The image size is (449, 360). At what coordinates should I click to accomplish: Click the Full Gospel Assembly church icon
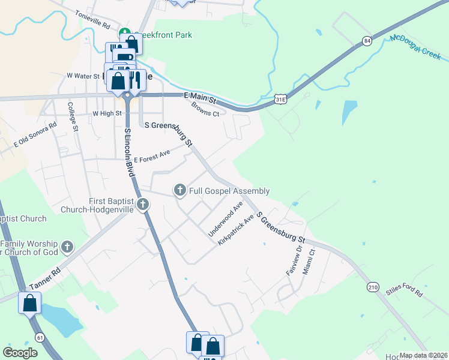point(179,191)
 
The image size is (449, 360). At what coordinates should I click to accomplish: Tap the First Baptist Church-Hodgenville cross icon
point(143,205)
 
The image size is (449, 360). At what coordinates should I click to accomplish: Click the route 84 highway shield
point(366,41)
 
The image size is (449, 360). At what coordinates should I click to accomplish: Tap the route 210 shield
point(373,288)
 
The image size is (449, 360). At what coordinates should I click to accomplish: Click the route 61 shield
point(40,338)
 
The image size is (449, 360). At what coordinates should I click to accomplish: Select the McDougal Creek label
point(415,47)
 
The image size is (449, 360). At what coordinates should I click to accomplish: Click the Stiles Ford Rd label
point(405,292)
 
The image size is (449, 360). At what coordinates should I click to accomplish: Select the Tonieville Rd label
point(92,20)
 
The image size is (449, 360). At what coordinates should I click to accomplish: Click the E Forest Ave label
point(152,156)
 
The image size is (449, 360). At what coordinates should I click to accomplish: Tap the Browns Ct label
point(205,110)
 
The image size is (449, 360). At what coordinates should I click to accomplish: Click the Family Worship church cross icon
point(67,246)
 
